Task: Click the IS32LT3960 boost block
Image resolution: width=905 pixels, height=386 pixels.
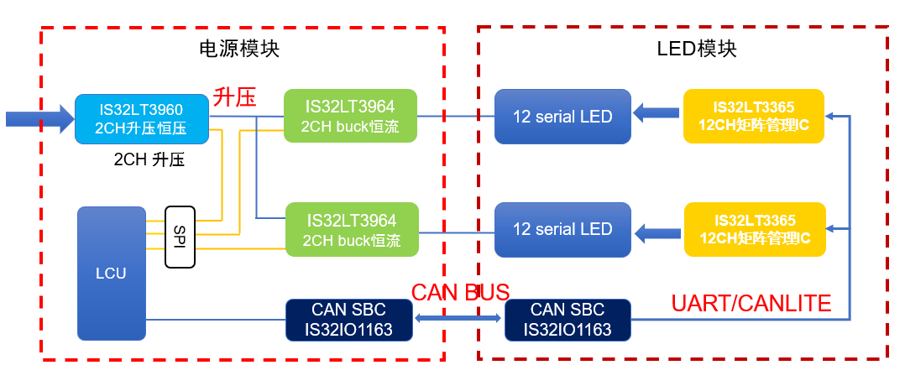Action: [x=141, y=118]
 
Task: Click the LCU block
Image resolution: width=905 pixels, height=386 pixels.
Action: [x=111, y=273]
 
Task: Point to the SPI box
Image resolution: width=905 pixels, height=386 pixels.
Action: [x=180, y=237]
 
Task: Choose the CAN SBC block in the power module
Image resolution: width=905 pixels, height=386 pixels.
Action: [x=350, y=320]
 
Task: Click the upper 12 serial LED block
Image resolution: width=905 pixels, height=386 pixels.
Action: [x=562, y=115]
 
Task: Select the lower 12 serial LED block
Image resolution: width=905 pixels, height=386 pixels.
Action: [x=562, y=229]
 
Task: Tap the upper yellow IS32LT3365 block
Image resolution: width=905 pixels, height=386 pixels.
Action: [x=754, y=115]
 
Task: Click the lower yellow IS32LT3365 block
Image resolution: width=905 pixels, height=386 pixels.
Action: [x=754, y=229]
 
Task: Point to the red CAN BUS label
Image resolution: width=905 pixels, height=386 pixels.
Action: [x=459, y=292]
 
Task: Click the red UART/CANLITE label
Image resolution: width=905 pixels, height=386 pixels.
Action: [x=751, y=304]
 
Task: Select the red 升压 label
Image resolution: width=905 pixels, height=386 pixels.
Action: [x=234, y=97]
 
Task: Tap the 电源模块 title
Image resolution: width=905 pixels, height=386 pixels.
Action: [x=239, y=49]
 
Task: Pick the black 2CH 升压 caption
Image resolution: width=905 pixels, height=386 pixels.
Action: [x=149, y=160]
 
